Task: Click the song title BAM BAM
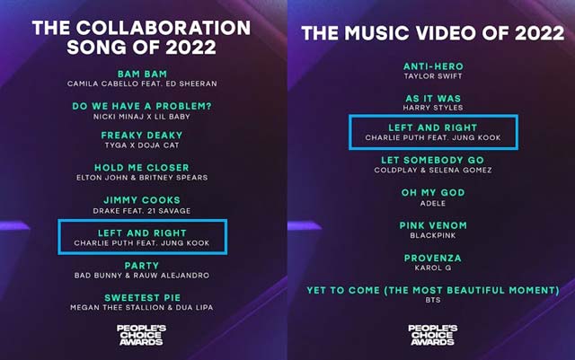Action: click(x=142, y=74)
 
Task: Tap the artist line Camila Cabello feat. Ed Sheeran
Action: click(x=142, y=84)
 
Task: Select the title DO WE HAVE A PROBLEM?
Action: click(x=142, y=106)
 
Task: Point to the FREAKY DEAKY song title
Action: click(x=142, y=136)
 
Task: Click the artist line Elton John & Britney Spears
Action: click(x=142, y=178)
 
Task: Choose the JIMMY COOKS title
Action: click(x=142, y=200)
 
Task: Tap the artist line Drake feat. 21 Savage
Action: click(x=142, y=211)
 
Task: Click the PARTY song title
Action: click(x=142, y=266)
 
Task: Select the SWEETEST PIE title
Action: click(x=142, y=298)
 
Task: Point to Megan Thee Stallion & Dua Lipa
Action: click(x=142, y=308)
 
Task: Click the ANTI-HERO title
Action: click(x=433, y=66)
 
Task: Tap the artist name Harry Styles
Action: click(x=433, y=108)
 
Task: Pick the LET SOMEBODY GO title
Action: click(x=433, y=160)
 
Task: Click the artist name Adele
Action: click(x=433, y=204)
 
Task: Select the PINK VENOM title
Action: click(x=433, y=225)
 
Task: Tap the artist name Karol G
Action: click(x=433, y=268)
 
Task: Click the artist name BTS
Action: click(x=433, y=300)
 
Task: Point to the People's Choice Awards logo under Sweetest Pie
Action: click(x=141, y=335)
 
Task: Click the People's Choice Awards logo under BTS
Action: click(x=433, y=335)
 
